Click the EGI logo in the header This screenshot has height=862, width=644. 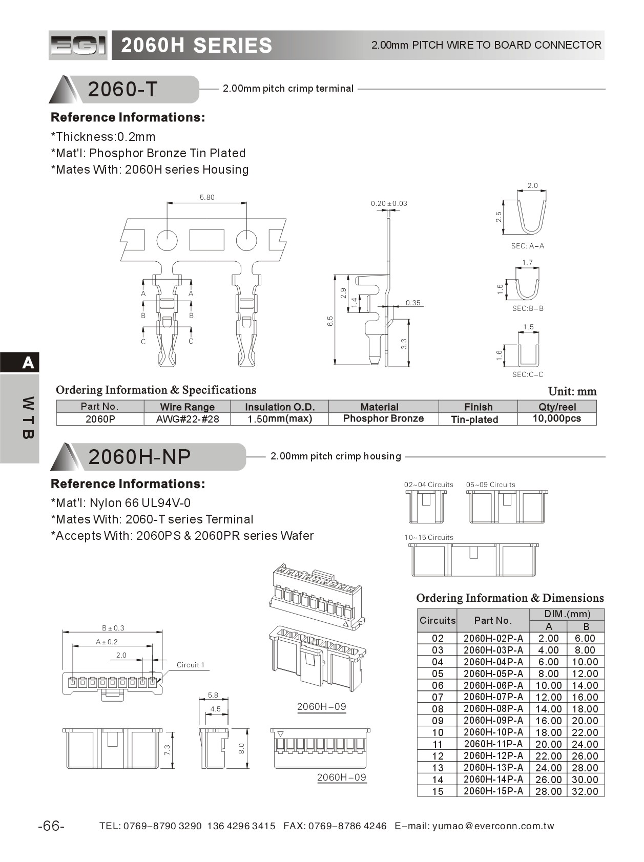pos(78,45)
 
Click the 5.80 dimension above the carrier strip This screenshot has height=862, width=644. pos(207,197)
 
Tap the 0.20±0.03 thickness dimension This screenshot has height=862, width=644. pos(389,203)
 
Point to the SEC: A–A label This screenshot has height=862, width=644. pos(527,246)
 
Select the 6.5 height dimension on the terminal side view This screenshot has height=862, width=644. pos(330,321)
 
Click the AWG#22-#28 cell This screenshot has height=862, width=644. pos(187,419)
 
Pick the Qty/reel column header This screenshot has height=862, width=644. pos(557,407)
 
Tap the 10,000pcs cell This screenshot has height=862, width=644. pos(556,418)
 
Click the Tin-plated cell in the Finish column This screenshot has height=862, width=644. pos(474,419)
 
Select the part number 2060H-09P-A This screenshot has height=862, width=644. pos(493,720)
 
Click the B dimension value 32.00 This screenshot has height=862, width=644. pos(585,791)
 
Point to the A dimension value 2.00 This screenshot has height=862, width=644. pos(548,638)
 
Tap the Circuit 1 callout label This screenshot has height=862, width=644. pos(190,665)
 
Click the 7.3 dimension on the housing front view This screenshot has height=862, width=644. pos(167,749)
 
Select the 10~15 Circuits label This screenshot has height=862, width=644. pos(428,537)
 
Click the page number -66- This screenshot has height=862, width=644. pos(51,826)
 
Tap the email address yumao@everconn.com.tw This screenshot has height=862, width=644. pos(493,826)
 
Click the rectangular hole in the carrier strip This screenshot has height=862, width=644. pos(206,240)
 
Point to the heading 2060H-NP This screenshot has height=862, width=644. pos(139,456)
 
